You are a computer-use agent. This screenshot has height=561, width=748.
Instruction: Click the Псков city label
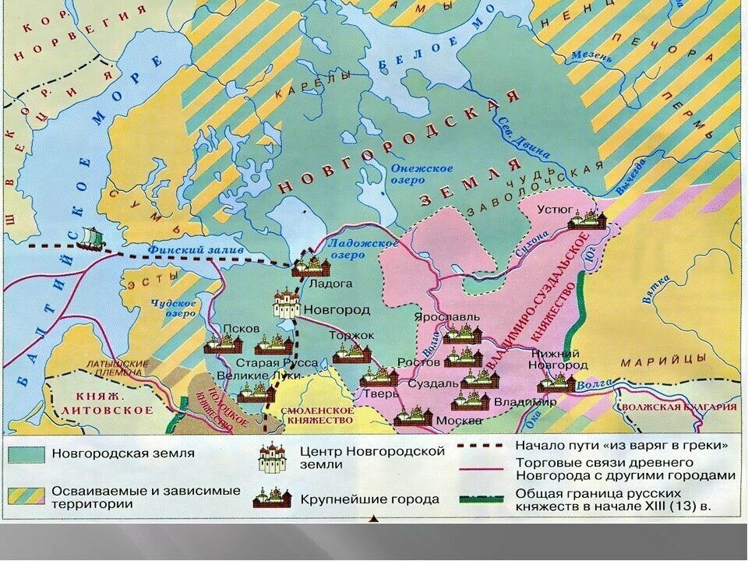tap(240, 328)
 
